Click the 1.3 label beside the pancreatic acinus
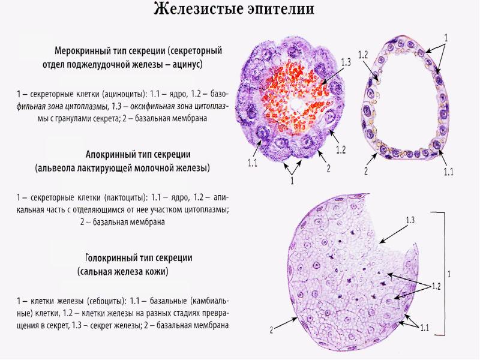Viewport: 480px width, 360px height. coord(345,62)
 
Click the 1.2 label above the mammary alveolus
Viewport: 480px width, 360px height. coord(362,55)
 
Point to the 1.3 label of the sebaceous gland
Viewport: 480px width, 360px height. coord(410,220)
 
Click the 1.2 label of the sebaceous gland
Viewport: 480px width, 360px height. coord(436,286)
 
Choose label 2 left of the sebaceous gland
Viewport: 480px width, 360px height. coord(271,329)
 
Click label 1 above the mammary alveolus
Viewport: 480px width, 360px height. coord(446,37)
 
